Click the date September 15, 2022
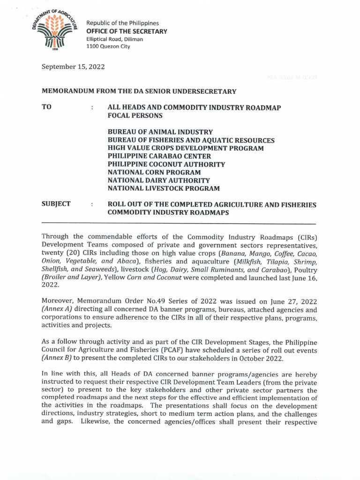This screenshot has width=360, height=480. click(73, 67)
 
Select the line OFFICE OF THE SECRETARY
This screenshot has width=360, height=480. click(126, 31)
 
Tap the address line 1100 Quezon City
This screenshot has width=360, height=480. click(108, 46)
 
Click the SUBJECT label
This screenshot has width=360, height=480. click(56, 204)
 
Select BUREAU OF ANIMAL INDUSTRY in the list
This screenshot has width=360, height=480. click(160, 132)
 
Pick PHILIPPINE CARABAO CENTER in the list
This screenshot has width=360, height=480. click(159, 156)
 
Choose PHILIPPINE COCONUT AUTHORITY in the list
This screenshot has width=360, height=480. click(166, 165)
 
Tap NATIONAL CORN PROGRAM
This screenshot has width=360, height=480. click(151, 172)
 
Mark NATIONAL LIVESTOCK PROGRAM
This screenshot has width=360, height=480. click(164, 188)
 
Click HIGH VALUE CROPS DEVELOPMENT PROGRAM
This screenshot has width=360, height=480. click(186, 148)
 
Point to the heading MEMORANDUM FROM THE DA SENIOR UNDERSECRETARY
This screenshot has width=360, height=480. click(139, 91)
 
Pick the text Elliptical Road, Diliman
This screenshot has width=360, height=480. click(115, 39)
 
